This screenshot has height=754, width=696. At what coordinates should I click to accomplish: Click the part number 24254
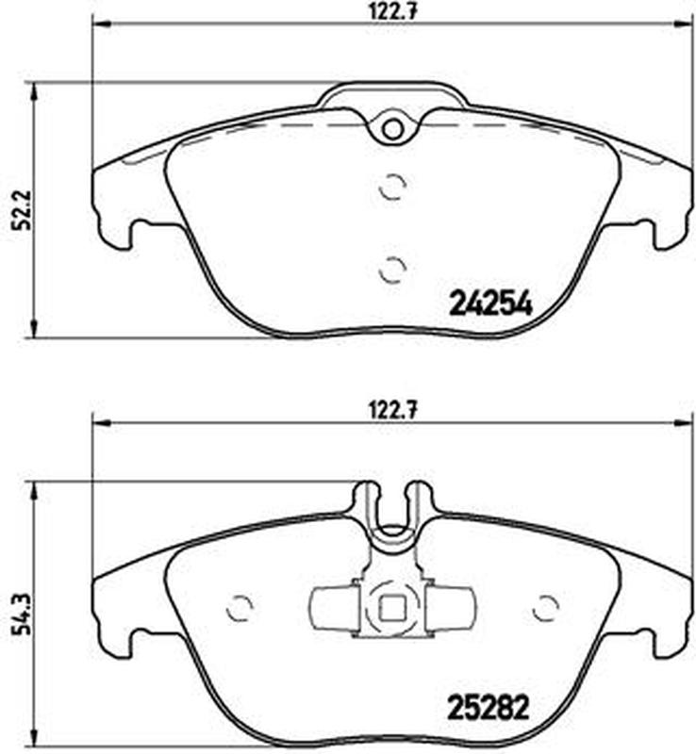[490, 303]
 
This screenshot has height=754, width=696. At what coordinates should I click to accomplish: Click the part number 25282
[489, 708]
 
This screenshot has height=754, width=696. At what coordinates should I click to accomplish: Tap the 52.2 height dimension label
[23, 210]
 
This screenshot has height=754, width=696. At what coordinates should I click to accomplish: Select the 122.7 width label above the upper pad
[393, 10]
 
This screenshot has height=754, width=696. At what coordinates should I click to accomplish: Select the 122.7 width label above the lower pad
[393, 412]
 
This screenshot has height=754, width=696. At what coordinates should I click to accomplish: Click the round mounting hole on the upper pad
[393, 128]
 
